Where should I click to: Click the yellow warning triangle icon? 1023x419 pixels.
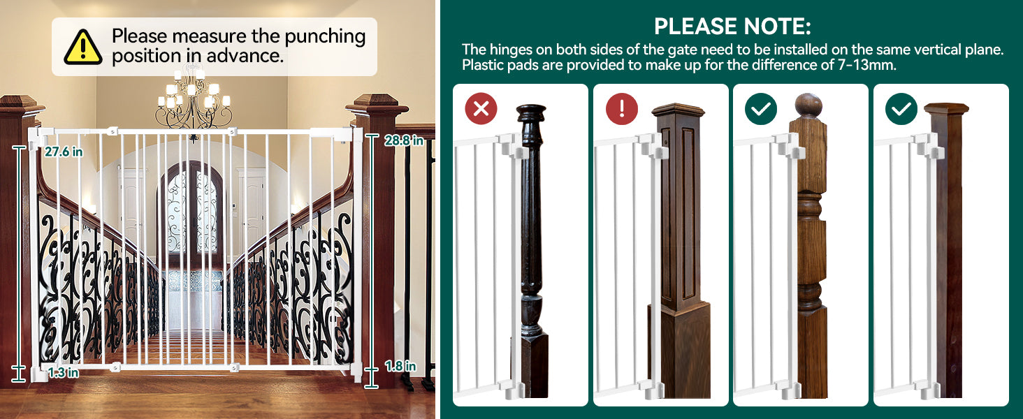(82, 47)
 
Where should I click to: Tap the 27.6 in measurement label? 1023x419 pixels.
(64, 152)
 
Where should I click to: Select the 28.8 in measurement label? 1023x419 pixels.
(404, 140)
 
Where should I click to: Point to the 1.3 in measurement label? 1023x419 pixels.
(63, 372)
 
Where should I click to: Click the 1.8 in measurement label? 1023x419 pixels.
(400, 366)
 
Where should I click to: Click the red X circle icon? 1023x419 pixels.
(481, 109)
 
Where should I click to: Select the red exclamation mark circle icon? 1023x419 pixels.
(622, 109)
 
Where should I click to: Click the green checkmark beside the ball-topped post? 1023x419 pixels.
(761, 109)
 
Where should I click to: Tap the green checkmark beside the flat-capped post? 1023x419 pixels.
(901, 109)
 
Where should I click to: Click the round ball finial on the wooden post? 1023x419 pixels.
(808, 105)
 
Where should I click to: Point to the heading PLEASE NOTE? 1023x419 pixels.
(732, 27)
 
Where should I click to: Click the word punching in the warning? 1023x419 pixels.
(325, 37)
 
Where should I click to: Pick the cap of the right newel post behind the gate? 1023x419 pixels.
(377, 104)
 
